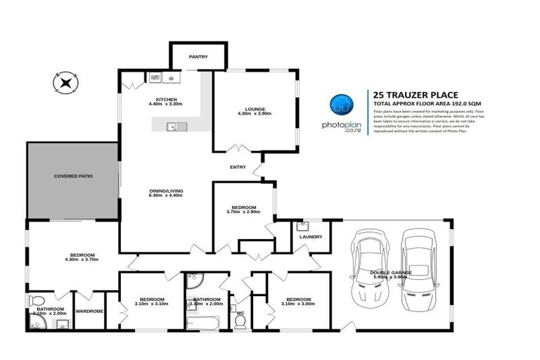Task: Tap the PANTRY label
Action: click(198, 57)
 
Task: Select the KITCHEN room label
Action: click(166, 99)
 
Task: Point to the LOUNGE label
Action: click(255, 109)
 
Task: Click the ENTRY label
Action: click(238, 167)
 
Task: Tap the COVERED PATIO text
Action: click(74, 176)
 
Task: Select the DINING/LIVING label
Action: click(166, 191)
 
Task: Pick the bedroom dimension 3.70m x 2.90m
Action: click(244, 212)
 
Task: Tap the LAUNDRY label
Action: click(310, 237)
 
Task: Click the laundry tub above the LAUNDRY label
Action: click(303, 226)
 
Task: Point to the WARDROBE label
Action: click(89, 310)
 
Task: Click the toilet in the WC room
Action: click(240, 322)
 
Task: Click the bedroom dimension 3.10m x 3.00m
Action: click(297, 304)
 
